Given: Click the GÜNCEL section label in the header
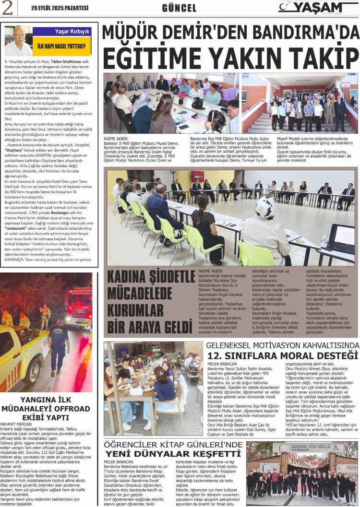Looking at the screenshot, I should click(179, 8).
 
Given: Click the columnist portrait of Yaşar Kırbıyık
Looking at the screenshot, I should click(18, 41).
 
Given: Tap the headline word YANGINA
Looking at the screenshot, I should click(33, 399).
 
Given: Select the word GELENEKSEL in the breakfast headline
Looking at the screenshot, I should click(231, 345).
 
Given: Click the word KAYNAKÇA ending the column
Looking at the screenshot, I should click(17, 259).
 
